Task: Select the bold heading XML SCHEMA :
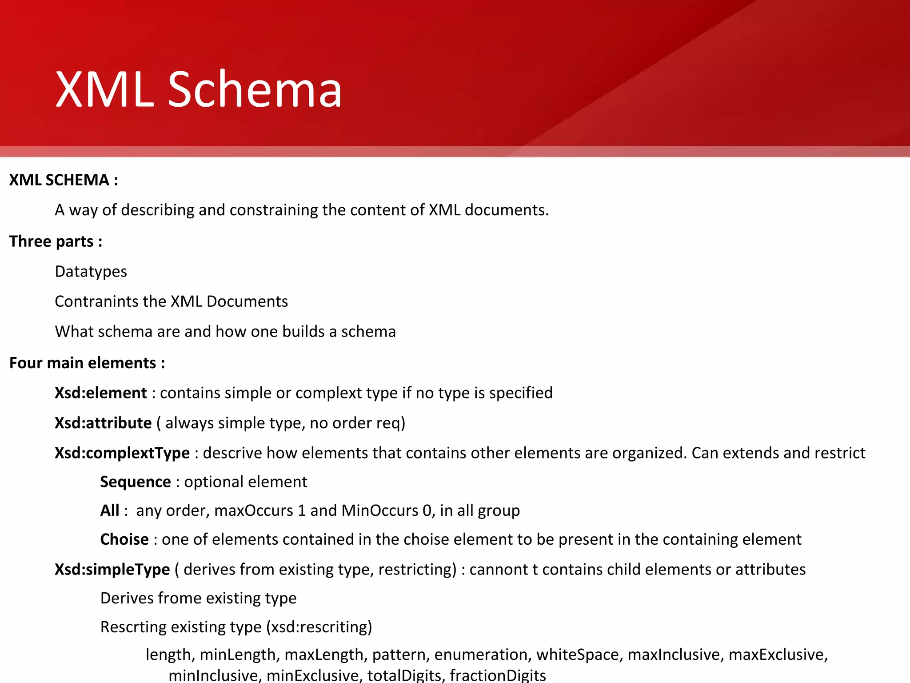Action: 64,180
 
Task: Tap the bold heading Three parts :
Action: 56,241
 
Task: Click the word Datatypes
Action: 91,271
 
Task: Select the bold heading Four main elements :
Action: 87,363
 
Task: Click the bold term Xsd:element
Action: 100,393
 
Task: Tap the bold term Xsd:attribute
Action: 103,423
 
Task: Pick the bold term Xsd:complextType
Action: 122,453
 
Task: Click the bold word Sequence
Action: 135,482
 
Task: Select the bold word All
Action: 109,510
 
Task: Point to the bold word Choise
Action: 124,539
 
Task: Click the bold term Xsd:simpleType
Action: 112,570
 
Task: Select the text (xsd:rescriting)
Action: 319,627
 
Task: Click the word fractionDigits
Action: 498,675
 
